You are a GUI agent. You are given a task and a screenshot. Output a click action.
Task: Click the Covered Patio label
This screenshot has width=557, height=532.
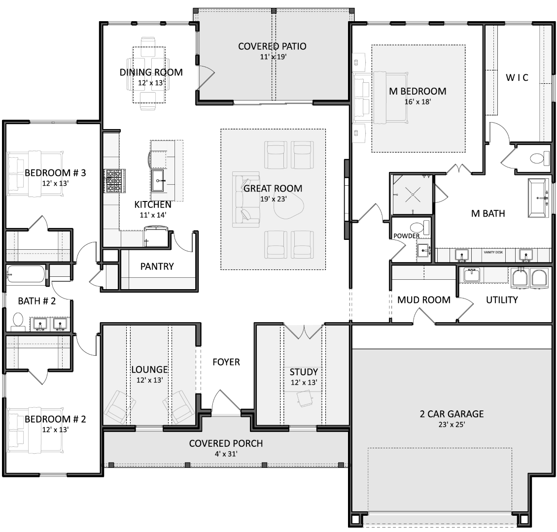272,46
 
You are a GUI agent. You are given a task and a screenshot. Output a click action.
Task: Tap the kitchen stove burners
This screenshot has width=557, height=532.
115,181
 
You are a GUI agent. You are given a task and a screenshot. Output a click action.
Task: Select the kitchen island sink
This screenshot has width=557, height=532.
158,181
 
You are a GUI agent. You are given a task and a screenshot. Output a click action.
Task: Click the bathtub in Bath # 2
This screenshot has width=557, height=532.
26,274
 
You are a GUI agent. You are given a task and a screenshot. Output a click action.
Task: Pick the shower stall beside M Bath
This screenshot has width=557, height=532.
413,195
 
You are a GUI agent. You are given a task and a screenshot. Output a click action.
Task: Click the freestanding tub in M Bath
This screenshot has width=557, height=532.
539,198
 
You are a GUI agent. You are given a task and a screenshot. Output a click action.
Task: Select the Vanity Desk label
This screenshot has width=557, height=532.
493,252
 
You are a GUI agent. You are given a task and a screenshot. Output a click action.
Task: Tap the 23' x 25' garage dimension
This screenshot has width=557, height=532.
452,425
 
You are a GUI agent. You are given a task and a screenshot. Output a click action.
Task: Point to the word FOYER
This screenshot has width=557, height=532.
226,362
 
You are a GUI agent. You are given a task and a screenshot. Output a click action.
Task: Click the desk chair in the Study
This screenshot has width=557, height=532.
305,398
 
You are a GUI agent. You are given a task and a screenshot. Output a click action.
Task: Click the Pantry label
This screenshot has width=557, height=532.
157,266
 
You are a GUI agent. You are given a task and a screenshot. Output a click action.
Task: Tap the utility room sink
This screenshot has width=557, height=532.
471,275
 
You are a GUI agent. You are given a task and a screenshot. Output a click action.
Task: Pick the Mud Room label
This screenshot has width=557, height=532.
424,300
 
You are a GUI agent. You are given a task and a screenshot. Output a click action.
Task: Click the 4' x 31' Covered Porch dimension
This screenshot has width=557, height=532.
226,454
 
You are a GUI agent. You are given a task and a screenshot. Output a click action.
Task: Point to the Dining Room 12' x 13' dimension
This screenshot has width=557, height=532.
151,83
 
